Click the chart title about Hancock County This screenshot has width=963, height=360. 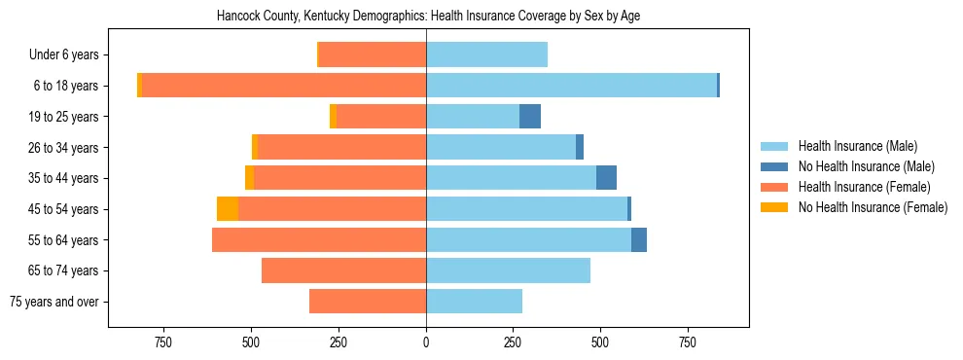(429, 17)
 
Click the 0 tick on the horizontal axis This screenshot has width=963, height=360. (426, 343)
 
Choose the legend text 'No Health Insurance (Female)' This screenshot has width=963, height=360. (873, 207)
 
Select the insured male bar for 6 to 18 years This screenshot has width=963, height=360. (571, 86)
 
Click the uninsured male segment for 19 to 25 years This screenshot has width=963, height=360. (530, 117)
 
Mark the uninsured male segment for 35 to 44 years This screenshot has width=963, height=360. (606, 178)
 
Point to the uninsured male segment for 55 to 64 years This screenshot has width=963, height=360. (639, 239)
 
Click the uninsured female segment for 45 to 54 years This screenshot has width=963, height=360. (228, 209)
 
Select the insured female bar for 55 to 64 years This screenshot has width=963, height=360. (319, 239)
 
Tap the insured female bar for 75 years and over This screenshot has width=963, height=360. (368, 302)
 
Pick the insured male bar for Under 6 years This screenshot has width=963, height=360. (486, 55)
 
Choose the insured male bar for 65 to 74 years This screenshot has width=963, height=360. (508, 270)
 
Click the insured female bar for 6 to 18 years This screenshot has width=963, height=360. (284, 86)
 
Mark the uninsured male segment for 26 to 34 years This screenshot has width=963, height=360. (580, 147)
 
